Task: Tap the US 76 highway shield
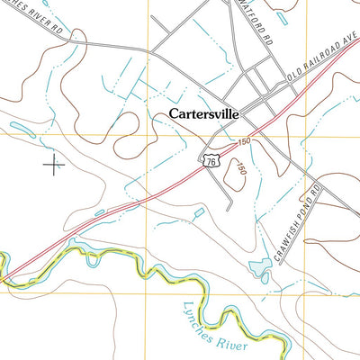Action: (211, 158)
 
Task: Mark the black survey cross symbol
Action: (54, 165)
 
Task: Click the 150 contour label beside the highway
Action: (245, 142)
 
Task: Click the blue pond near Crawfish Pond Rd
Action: (258, 267)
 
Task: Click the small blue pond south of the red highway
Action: (198, 213)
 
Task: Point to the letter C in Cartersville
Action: (173, 114)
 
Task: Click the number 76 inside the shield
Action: (211, 159)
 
